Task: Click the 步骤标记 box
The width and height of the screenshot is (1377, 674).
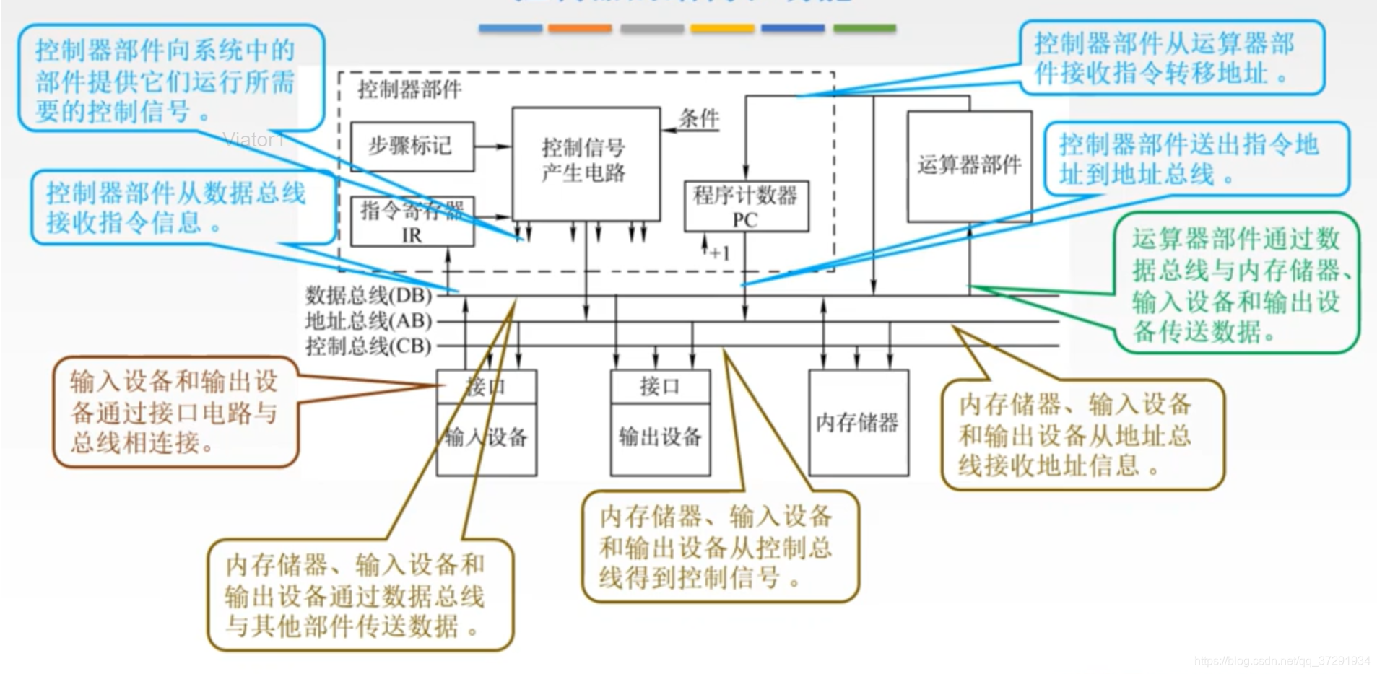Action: coord(412,146)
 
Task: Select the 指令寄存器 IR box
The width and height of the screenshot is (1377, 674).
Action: coord(412,222)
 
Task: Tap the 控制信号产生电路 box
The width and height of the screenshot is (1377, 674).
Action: coord(585,162)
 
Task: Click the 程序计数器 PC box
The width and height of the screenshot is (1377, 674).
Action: coord(746,206)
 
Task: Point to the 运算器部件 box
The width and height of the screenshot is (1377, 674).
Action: coord(969,166)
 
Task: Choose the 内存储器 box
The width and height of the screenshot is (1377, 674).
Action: coord(858,422)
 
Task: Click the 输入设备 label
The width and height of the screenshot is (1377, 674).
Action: coord(486,437)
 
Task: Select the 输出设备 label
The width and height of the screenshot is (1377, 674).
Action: coord(660,437)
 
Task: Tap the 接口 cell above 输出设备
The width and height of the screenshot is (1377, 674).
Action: coord(660,386)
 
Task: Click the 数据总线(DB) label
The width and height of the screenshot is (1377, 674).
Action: coord(368,295)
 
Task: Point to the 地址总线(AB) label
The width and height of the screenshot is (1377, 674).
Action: coord(368,320)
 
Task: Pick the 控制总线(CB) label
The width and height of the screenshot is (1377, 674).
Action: coord(368,346)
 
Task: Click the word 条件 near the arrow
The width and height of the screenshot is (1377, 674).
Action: coord(699,118)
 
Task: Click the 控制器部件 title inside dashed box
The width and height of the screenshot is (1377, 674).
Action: coord(409,89)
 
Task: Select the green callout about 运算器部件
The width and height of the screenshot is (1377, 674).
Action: coord(1236,284)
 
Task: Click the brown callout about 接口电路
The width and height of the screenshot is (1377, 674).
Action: coord(175,412)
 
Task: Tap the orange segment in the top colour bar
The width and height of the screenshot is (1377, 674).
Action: coord(580,29)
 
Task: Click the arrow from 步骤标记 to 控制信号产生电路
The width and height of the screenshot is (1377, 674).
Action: coord(492,146)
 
